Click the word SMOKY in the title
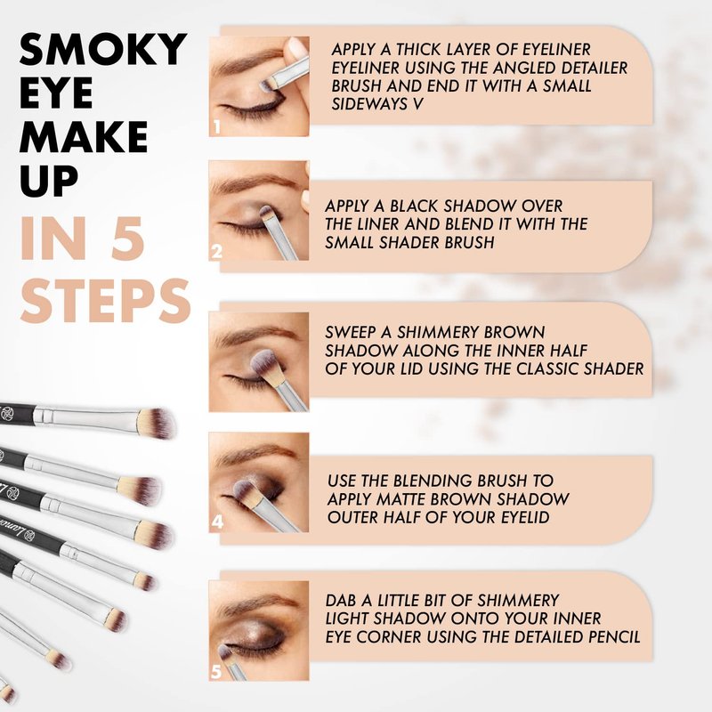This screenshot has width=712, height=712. point(103,50)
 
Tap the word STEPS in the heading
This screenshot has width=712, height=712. point(105,300)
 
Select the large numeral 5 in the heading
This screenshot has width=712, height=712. point(128,239)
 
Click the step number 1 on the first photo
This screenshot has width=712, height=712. point(217,126)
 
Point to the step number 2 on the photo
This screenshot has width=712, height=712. point(217,251)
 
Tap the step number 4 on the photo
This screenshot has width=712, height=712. point(217,522)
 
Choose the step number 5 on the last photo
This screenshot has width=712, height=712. point(216,671)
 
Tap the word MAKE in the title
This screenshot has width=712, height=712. point(84,137)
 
